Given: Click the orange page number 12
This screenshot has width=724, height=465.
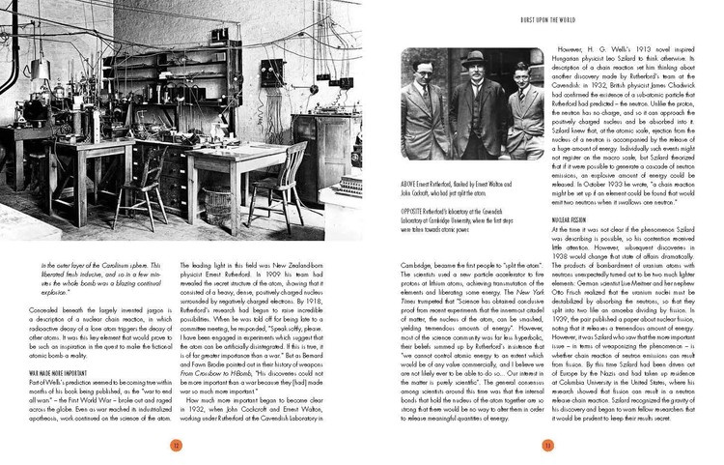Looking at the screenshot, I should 177,445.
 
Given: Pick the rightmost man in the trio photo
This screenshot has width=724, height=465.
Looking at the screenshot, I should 527,116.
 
